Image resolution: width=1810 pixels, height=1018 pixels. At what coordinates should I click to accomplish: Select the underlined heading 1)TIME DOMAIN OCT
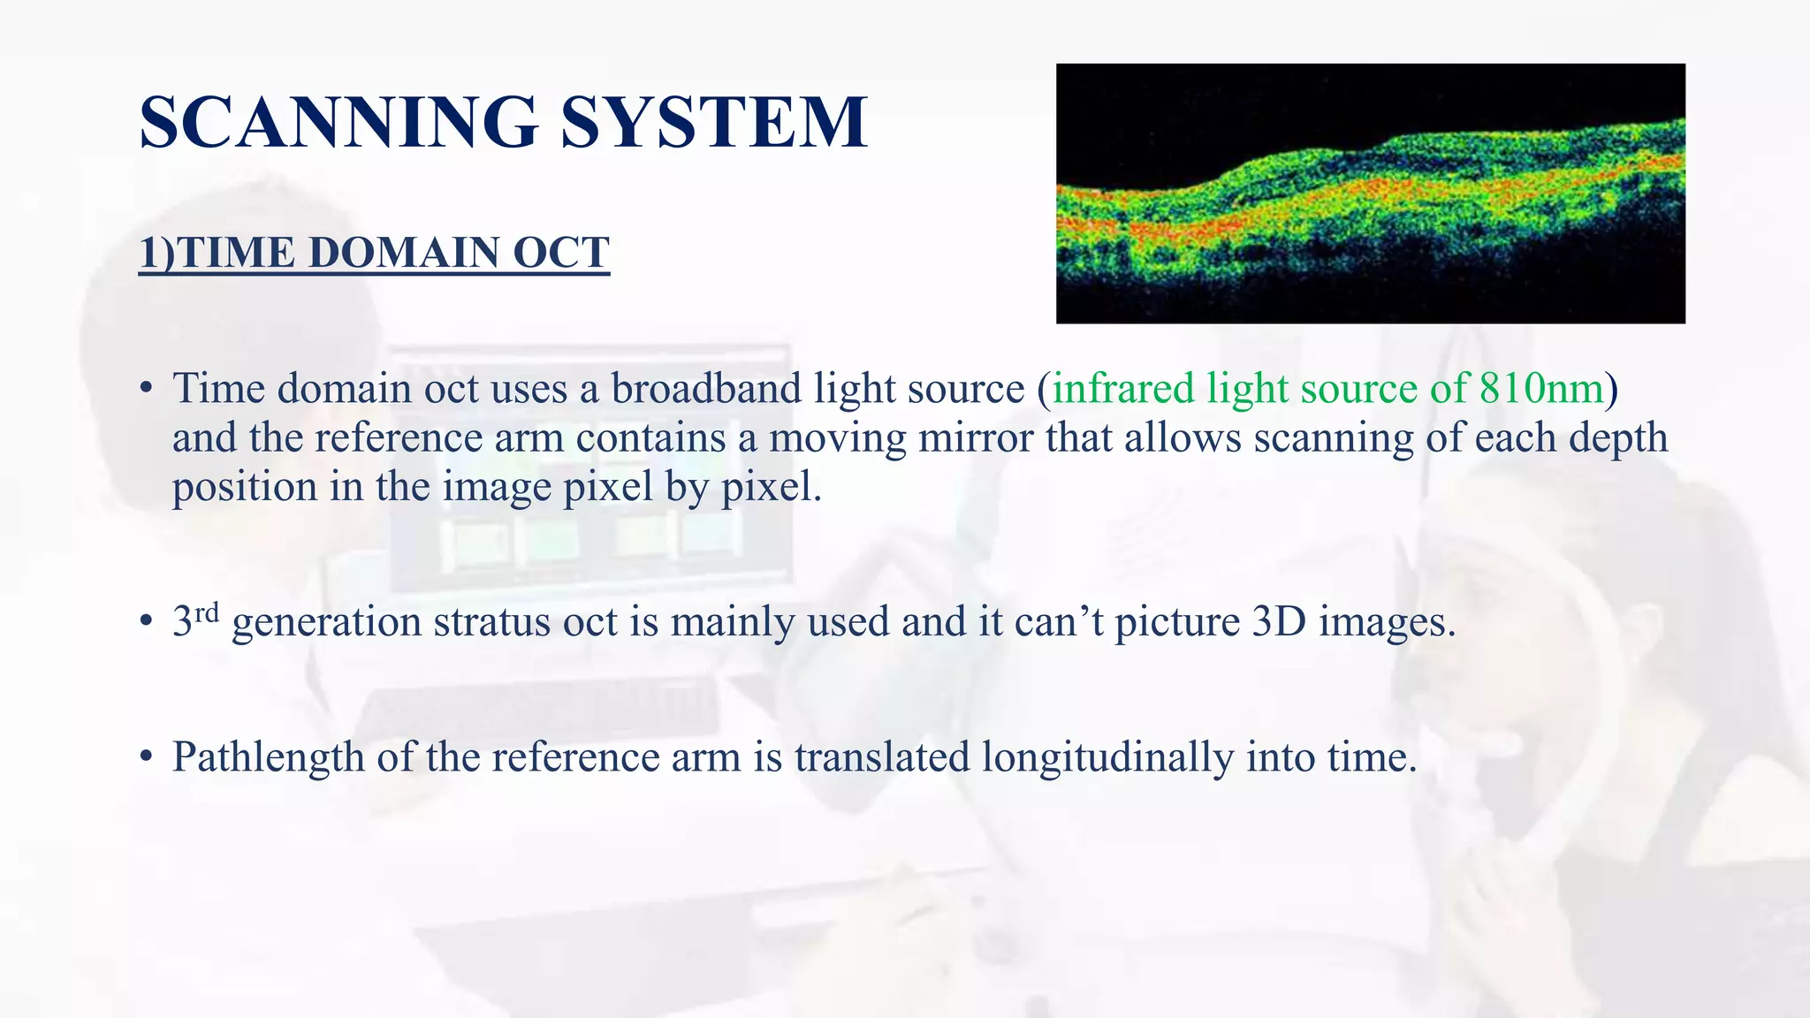point(374,253)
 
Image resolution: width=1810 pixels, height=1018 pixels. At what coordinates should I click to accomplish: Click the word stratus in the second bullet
point(492,622)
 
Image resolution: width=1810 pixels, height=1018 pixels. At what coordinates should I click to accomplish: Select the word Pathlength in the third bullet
point(268,757)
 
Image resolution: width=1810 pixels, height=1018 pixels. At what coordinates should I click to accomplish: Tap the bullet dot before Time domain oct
point(146,390)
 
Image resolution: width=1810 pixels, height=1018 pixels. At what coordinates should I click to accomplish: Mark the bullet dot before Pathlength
point(146,758)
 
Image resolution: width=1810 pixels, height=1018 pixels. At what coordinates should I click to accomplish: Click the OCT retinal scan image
point(1370,194)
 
